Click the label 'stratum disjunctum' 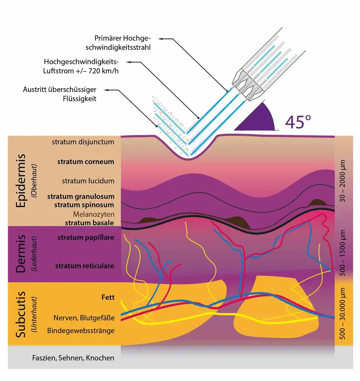click(83, 142)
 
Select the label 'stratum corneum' click(86, 162)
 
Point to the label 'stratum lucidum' click(88, 181)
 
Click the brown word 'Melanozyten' click(94, 214)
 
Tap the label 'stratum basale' click(90, 223)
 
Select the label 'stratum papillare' click(86, 237)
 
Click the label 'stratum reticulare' click(85, 266)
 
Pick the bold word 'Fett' click(108, 297)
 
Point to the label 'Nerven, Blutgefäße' click(84, 318)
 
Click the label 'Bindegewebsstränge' click(81, 331)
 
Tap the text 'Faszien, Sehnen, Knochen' click(73, 358)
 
